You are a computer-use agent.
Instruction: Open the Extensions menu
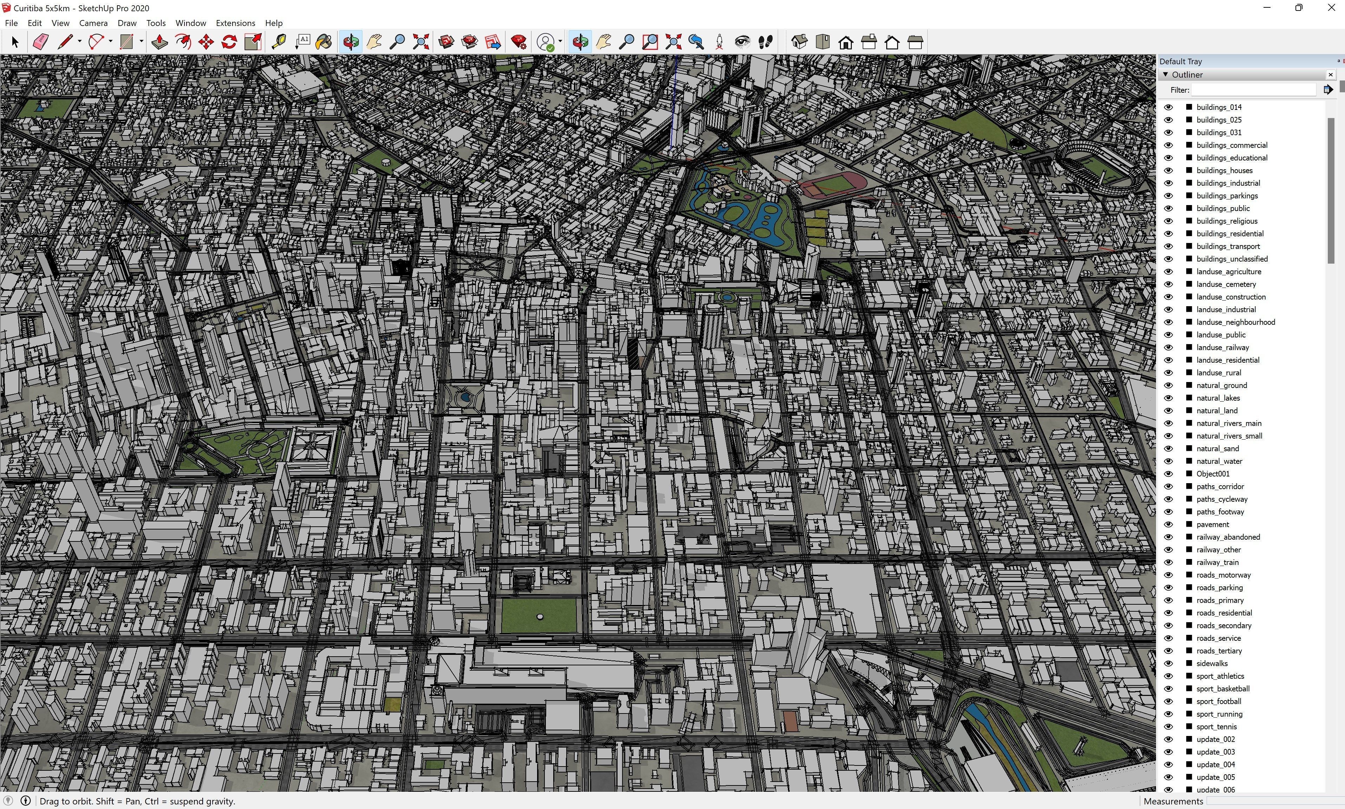[235, 23]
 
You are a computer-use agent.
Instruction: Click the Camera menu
[93, 23]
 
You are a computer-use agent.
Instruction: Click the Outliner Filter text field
[1253, 90]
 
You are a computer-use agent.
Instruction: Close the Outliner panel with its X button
[1330, 75]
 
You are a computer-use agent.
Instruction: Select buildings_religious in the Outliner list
[1227, 221]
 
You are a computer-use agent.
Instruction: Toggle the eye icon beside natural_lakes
[1168, 398]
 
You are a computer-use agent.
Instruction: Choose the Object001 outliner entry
[1213, 474]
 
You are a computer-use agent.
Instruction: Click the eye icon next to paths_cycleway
[1168, 499]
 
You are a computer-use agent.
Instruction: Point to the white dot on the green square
[540, 617]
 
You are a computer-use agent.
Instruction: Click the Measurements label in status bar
[1173, 801]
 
